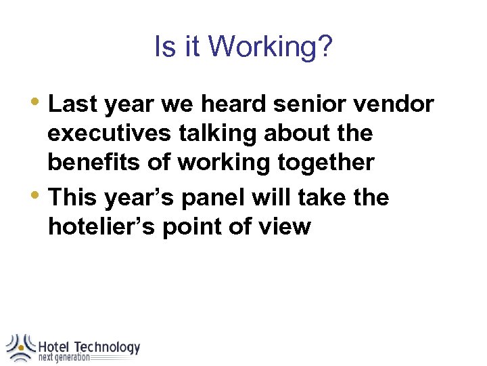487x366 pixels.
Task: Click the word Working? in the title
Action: click(271, 47)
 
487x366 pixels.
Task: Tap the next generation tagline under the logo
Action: click(64, 358)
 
